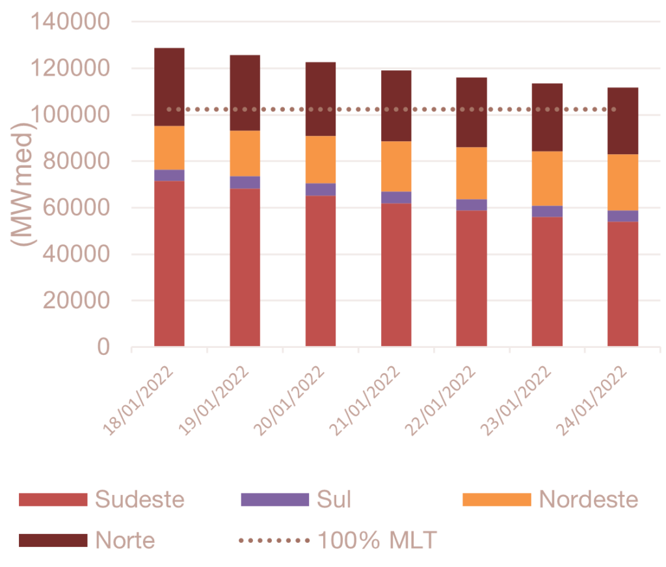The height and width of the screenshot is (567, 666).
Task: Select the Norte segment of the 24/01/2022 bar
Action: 622,121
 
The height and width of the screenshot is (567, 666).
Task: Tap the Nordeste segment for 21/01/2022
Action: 396,166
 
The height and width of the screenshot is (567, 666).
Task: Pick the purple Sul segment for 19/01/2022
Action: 245,183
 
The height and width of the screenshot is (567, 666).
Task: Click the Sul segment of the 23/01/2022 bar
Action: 547,211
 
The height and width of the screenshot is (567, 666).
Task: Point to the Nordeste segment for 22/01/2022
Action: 472,173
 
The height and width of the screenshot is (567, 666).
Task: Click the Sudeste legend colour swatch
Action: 53,500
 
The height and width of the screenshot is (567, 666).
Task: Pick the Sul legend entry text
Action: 334,500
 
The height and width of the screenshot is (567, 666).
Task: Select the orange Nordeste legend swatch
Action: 496,500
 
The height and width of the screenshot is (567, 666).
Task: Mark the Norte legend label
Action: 126,540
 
